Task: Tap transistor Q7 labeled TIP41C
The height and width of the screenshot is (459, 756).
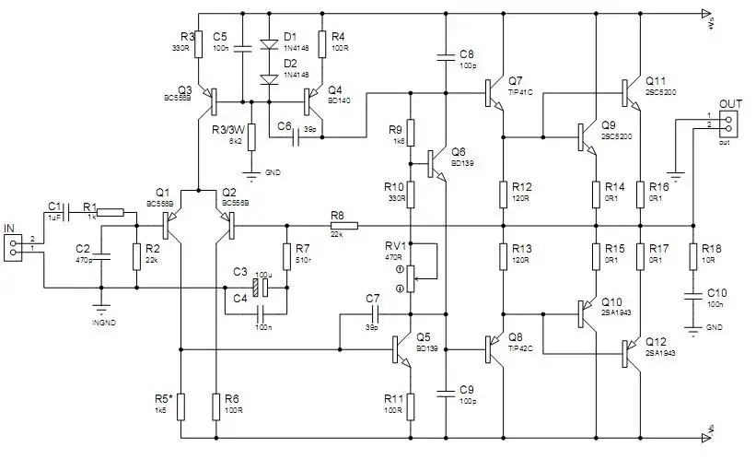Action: pos(494,91)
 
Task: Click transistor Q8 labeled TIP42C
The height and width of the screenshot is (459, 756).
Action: pos(494,347)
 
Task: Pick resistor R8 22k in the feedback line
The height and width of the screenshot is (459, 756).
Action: pos(343,224)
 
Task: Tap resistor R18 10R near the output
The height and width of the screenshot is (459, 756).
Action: pos(692,253)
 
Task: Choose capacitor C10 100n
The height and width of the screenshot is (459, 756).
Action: pos(692,296)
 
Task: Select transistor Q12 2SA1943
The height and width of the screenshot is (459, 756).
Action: pos(633,350)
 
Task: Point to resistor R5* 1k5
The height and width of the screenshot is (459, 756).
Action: pos(181,403)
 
